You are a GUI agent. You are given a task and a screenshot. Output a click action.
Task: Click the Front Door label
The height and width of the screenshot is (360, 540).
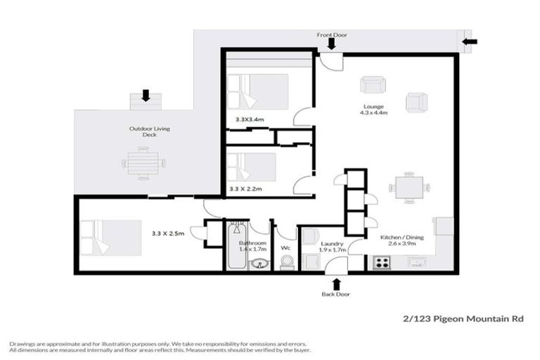pyautogui.click(x=332, y=34)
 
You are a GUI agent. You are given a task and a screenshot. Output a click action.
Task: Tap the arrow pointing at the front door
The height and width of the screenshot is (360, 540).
pyautogui.click(x=332, y=45)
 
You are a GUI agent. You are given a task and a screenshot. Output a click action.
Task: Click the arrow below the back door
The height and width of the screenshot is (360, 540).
pyautogui.click(x=336, y=283)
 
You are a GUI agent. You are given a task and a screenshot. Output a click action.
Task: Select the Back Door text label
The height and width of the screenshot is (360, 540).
pyautogui.click(x=336, y=295)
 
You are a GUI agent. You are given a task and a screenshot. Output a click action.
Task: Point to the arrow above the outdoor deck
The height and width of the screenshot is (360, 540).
pyautogui.click(x=146, y=95)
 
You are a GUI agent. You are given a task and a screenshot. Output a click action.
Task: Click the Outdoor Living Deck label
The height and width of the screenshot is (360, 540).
pyautogui.click(x=149, y=131)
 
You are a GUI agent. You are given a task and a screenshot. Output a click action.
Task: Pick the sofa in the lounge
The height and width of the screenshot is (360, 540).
pyautogui.click(x=373, y=85)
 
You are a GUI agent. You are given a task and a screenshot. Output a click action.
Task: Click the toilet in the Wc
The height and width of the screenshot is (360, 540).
pyautogui.click(x=287, y=262)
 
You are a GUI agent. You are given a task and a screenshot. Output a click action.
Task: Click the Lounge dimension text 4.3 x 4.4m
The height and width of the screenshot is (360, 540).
pyautogui.click(x=374, y=111)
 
